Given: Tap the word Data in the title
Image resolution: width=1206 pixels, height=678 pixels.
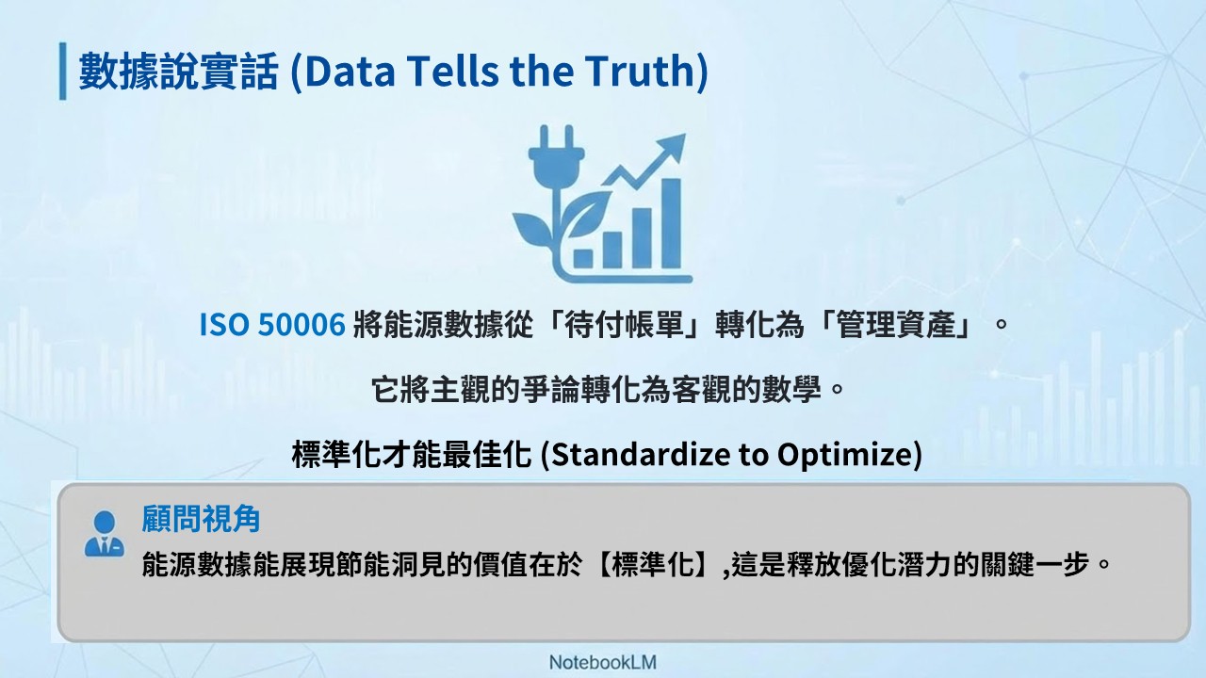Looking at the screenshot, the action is [350, 71].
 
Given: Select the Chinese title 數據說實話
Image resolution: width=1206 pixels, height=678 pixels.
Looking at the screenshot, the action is [178, 71].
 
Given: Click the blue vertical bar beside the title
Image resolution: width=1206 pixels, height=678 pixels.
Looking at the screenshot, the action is [63, 71].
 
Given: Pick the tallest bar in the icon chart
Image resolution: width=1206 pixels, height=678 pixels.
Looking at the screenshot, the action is [672, 223].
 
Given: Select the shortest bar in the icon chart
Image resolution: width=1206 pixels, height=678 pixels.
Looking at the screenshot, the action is [583, 258].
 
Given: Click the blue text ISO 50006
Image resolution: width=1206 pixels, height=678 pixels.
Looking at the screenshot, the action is [272, 325].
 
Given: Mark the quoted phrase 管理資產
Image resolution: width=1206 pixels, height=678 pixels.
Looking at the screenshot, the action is [895, 325].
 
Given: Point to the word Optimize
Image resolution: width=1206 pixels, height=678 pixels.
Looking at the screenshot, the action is [844, 455].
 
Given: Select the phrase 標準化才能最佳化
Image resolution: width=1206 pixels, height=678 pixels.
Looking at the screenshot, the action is [412, 454].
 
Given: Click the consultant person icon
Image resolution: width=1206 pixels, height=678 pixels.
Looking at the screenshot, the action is [105, 533].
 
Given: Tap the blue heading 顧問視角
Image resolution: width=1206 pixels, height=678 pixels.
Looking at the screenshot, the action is [201, 518].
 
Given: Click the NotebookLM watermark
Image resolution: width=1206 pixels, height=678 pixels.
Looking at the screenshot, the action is [602, 662].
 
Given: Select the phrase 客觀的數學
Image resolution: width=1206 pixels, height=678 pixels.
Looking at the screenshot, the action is [746, 390].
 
